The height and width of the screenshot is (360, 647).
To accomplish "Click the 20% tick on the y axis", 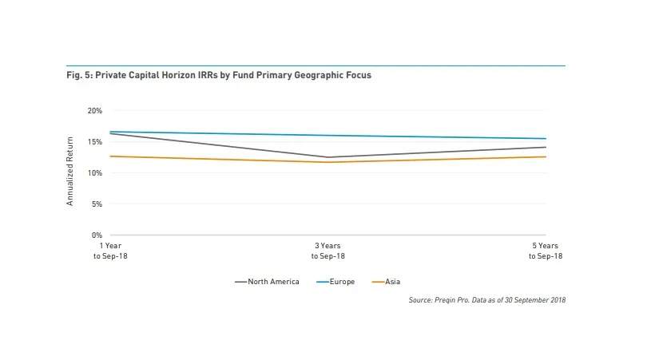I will [x=95, y=110].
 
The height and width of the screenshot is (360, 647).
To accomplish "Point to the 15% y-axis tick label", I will [x=95, y=141].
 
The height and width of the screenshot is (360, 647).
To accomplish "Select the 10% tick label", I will [x=95, y=172].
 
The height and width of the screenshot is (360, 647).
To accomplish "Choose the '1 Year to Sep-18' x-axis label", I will [x=110, y=251].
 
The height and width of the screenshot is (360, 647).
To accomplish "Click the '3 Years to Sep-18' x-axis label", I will [x=328, y=251].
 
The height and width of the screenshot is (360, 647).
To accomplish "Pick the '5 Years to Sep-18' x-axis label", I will [x=546, y=251].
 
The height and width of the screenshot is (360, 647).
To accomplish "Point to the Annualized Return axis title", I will [x=70, y=172].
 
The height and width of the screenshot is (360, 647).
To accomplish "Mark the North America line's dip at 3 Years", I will [x=328, y=157].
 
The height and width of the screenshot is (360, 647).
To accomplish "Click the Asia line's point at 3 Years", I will [x=328, y=162].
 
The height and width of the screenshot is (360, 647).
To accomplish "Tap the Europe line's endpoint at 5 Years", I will [x=546, y=139].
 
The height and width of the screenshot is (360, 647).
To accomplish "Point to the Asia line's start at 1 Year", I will [x=110, y=156].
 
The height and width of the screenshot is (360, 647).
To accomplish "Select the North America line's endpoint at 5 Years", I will [x=546, y=147].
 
